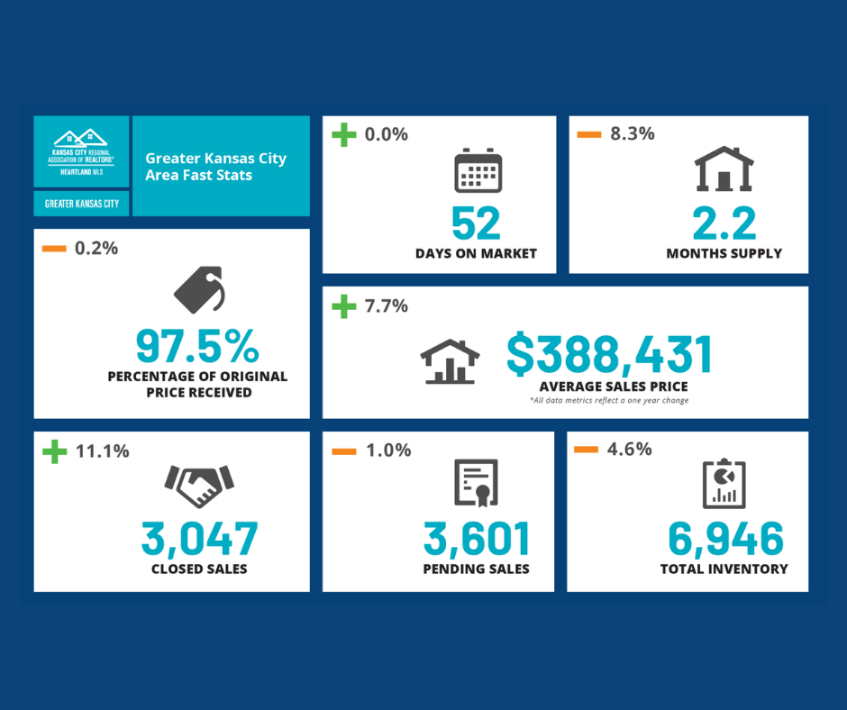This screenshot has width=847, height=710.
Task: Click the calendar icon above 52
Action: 477,170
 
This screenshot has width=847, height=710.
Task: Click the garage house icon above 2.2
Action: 724,169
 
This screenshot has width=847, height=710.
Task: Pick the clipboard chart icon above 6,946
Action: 724,484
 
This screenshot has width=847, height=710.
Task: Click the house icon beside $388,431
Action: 450,361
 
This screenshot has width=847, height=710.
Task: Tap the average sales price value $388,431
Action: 609,354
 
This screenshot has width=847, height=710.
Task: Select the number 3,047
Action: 199,538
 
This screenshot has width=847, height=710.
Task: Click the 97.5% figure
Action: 197,345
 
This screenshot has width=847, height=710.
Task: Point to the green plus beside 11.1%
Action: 55,451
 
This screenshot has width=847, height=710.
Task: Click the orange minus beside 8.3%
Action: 588,135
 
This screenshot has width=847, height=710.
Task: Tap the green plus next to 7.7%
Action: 343,306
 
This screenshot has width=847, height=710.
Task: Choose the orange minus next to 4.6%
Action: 587,450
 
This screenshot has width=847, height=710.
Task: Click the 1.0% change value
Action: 387,450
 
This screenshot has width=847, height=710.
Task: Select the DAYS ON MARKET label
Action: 476,253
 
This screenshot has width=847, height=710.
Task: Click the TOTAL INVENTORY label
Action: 724,569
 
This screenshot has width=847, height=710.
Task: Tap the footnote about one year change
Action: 609,400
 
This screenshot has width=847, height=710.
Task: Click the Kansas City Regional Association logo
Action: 81,150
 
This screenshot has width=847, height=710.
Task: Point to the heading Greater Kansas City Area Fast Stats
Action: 216,166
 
